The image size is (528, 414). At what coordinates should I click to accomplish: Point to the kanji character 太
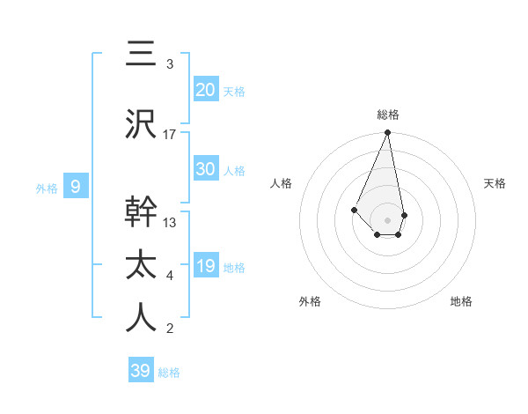(141, 266)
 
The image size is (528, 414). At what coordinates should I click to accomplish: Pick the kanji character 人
(141, 318)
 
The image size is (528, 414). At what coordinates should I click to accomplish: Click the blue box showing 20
(206, 90)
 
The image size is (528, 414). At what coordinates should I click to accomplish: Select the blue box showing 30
(206, 170)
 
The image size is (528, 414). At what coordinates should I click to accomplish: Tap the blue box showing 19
(206, 266)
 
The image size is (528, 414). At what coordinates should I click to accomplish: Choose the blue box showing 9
(77, 187)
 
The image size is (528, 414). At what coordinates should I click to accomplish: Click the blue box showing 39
(140, 371)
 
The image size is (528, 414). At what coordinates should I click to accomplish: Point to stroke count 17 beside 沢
(170, 135)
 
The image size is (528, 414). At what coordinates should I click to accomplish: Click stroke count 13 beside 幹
(170, 222)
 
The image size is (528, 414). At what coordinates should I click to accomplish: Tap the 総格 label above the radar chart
(388, 115)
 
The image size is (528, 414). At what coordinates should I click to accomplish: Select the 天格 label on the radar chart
(495, 183)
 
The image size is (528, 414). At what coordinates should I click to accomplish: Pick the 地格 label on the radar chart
(461, 301)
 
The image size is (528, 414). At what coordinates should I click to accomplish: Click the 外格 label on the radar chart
(310, 301)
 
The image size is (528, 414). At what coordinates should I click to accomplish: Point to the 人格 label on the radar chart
(282, 183)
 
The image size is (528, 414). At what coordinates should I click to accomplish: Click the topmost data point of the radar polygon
(388, 133)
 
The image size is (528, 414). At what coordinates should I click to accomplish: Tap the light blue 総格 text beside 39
(170, 373)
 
